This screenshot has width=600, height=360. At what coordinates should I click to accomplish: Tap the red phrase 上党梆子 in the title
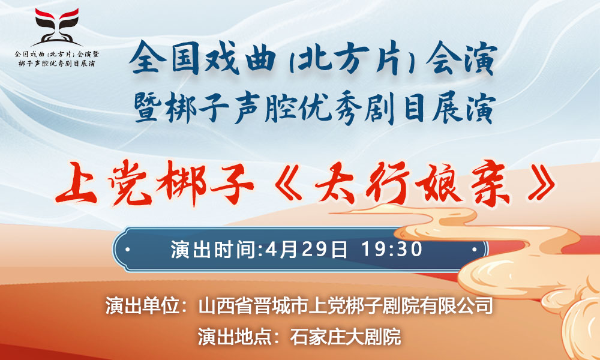[155, 184]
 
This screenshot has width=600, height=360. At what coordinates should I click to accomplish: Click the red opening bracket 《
[286, 183]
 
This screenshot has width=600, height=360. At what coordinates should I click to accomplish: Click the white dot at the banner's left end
[127, 250]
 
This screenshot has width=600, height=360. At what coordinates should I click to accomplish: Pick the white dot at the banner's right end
[475, 250]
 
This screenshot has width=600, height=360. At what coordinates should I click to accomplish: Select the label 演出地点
[235, 337]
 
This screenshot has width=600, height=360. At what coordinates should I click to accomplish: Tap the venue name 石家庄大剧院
[345, 337]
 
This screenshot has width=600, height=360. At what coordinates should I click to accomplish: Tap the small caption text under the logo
[56, 58]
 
